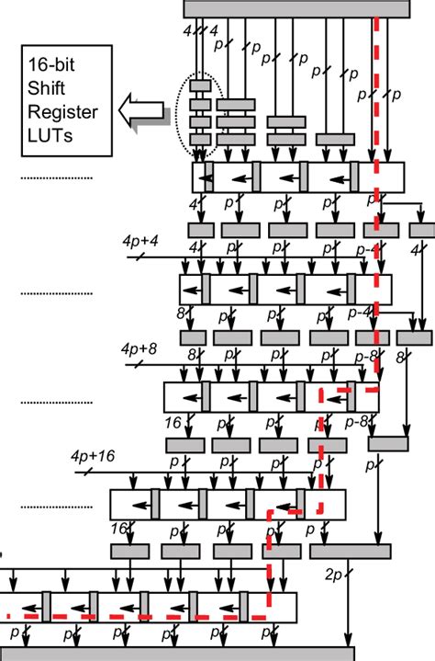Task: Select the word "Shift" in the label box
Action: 54,89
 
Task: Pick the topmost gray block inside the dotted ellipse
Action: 201,86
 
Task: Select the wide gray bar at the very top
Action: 296,8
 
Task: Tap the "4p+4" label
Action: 139,240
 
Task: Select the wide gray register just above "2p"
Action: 350,552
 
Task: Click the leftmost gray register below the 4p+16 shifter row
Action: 129,552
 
